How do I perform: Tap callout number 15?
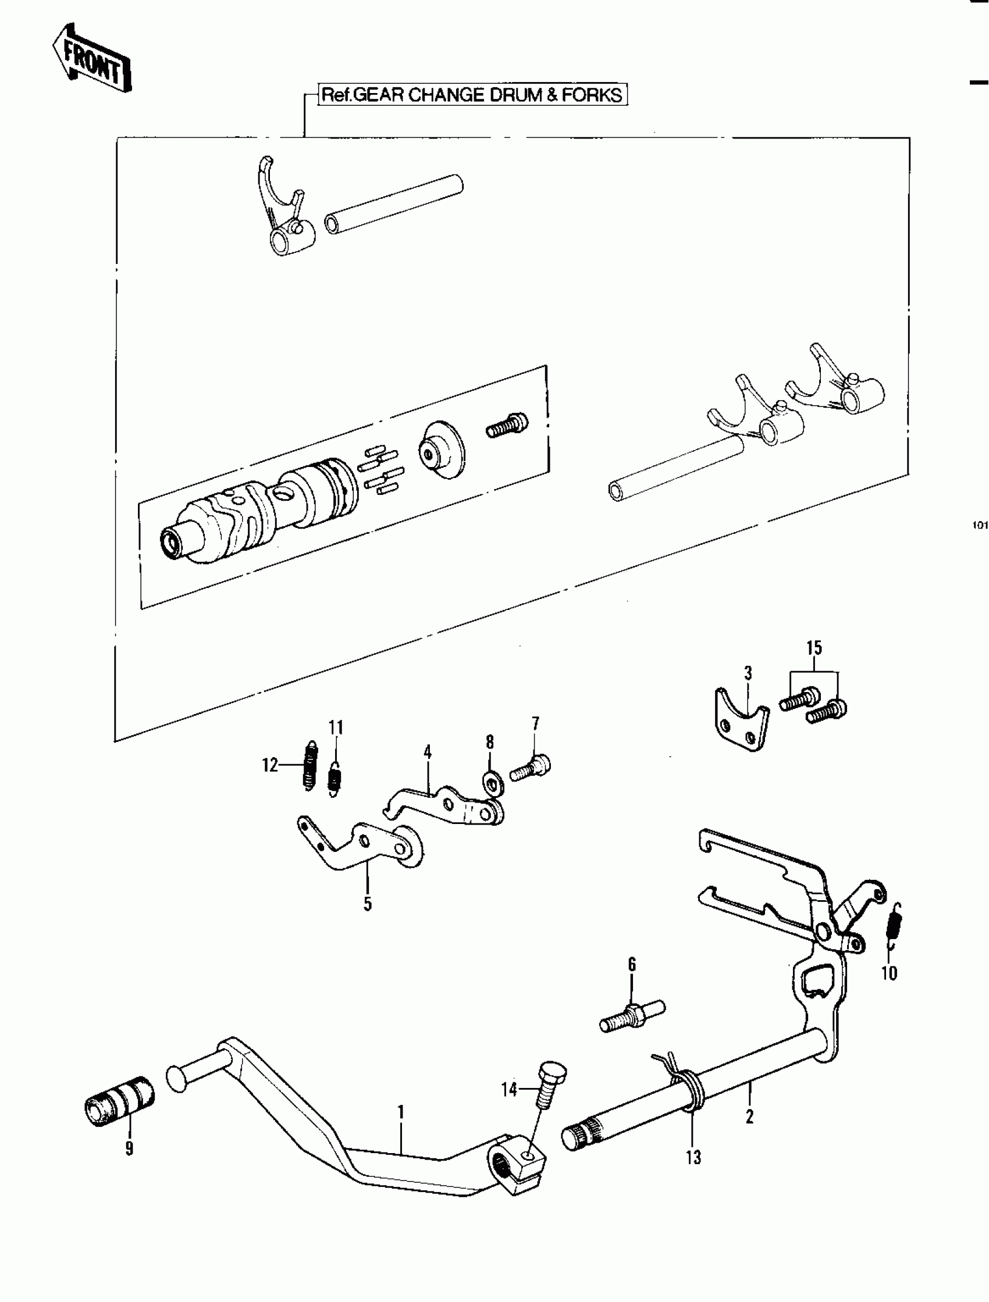[813, 648]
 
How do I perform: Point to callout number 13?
[693, 1157]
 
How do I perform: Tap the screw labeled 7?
[531, 769]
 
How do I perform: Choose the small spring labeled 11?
[334, 778]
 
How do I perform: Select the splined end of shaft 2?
[581, 1133]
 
